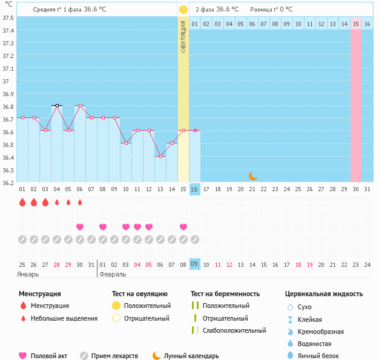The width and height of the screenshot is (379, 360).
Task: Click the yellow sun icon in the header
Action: (x=183, y=10)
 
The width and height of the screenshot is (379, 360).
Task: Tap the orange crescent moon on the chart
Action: (x=252, y=176)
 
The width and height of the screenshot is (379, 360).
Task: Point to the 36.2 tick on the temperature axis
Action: (x=8, y=183)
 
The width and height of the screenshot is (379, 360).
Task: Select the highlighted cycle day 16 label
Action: (x=194, y=189)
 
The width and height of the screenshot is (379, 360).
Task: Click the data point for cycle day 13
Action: (x=160, y=156)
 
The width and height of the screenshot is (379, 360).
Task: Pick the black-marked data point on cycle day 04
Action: (x=57, y=105)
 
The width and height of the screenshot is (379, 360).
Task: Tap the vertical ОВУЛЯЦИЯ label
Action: (x=183, y=36)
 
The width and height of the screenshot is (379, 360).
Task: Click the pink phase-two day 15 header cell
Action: (x=356, y=24)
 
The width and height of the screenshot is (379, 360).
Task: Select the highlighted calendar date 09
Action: (x=194, y=264)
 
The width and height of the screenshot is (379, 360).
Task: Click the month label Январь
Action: (x=28, y=274)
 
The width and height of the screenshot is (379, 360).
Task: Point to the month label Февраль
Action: (x=113, y=274)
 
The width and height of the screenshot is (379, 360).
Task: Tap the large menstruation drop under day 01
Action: (x=22, y=202)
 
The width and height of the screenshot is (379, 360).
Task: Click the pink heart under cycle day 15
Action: (x=183, y=227)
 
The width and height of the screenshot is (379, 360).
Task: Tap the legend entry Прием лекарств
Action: (x=114, y=356)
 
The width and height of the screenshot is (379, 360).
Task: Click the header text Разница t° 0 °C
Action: (x=271, y=10)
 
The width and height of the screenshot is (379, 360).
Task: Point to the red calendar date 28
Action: (x=57, y=264)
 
